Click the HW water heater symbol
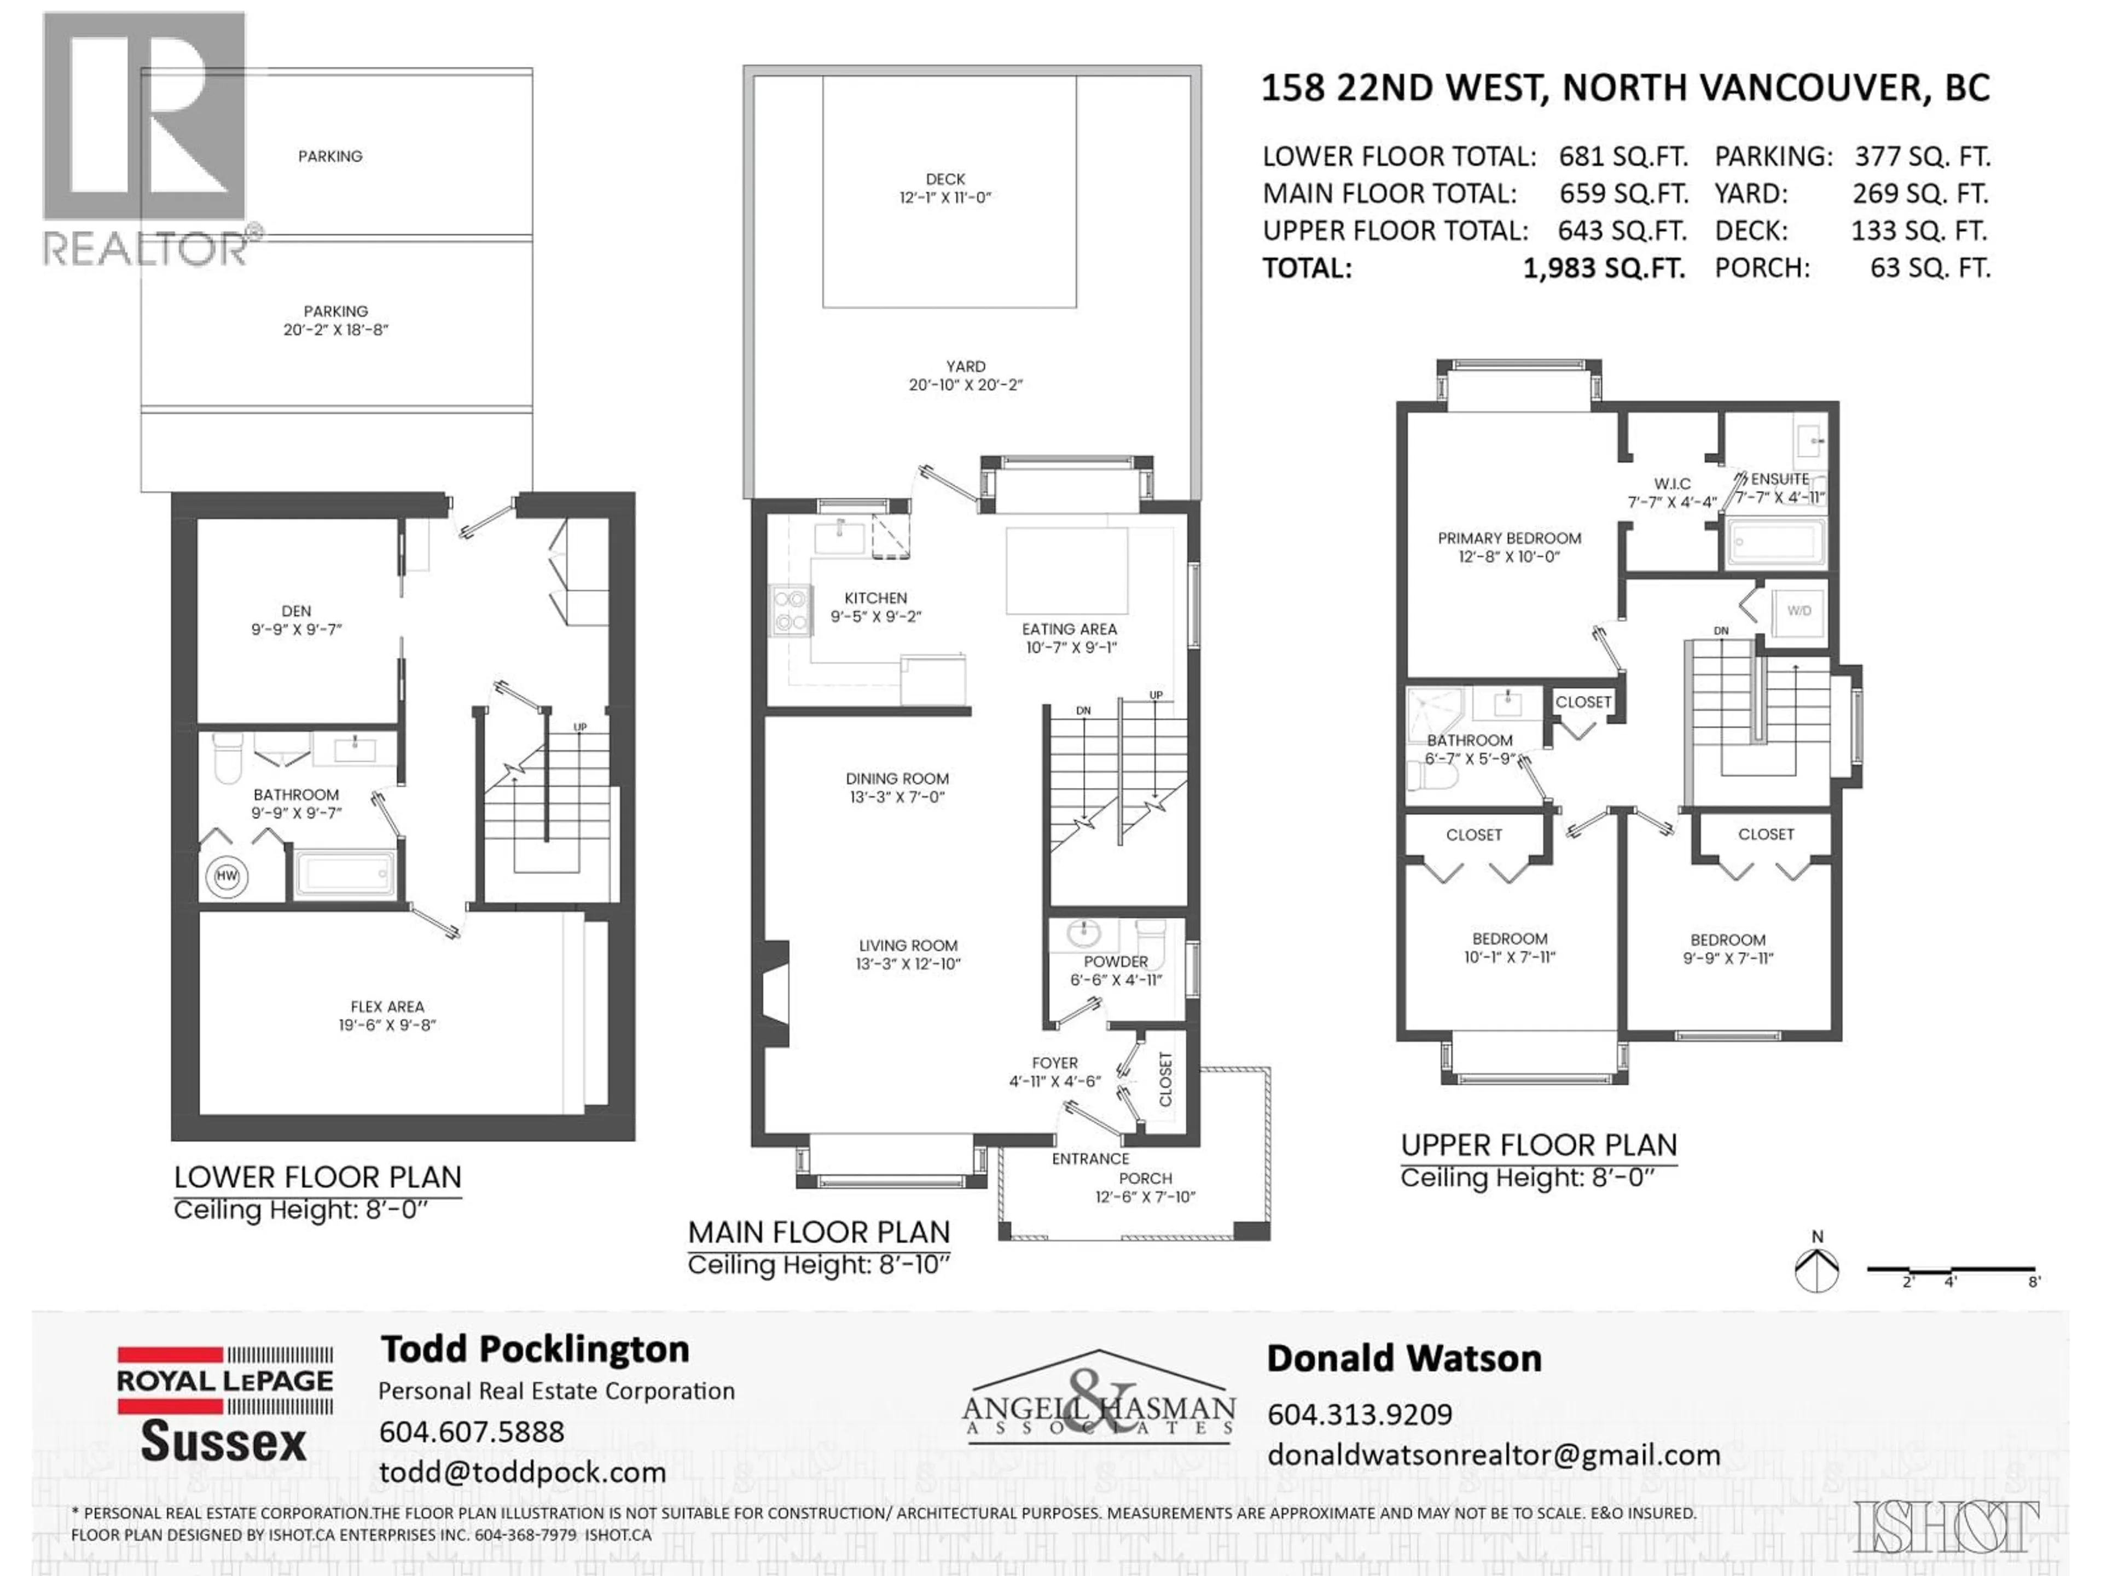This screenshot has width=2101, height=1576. pyautogui.click(x=226, y=876)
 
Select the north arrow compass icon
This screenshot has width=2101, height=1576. pyautogui.click(x=1816, y=1269)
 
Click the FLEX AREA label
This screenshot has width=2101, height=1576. pyautogui.click(x=387, y=1006)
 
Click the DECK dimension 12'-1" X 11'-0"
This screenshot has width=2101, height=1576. pyautogui.click(x=945, y=198)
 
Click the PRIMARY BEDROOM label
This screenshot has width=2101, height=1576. pyautogui.click(x=1509, y=538)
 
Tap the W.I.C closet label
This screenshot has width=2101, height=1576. pyautogui.click(x=1671, y=484)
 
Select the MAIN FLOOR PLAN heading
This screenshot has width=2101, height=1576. pyautogui.click(x=818, y=1232)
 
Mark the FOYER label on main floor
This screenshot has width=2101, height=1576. pyautogui.click(x=1054, y=1063)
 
